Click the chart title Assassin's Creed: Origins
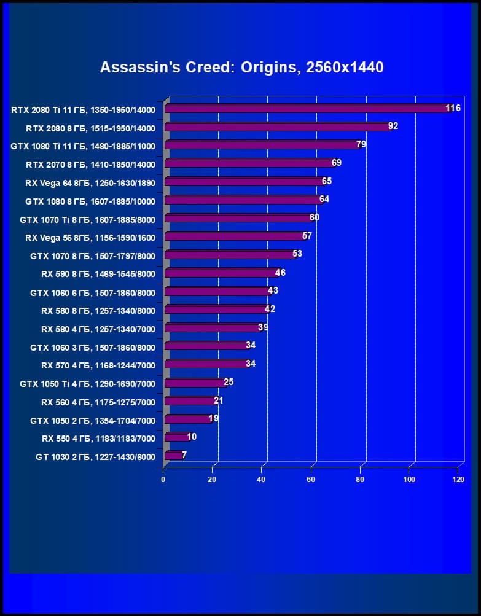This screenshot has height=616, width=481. pyautogui.click(x=241, y=67)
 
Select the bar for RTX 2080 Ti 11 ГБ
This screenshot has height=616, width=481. pyautogui.click(x=307, y=109)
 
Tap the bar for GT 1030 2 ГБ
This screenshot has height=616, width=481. pyautogui.click(x=174, y=456)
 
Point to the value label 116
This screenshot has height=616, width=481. pyautogui.click(x=453, y=109)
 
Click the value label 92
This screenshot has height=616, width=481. pyautogui.click(x=393, y=127)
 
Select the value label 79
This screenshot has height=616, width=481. pyautogui.click(x=361, y=145)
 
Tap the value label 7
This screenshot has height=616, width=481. pyautogui.click(x=184, y=455)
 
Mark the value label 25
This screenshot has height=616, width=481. pyautogui.click(x=229, y=382)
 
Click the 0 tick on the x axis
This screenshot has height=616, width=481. pyautogui.click(x=163, y=480)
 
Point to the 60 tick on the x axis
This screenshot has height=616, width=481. pyautogui.click(x=311, y=480)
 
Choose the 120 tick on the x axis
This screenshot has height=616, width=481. pyautogui.click(x=458, y=480)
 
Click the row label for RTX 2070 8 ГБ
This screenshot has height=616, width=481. pyautogui.click(x=90, y=164)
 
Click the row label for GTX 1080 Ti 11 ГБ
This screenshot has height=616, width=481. pyautogui.click(x=83, y=146)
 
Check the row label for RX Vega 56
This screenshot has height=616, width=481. pyautogui.click(x=90, y=237)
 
